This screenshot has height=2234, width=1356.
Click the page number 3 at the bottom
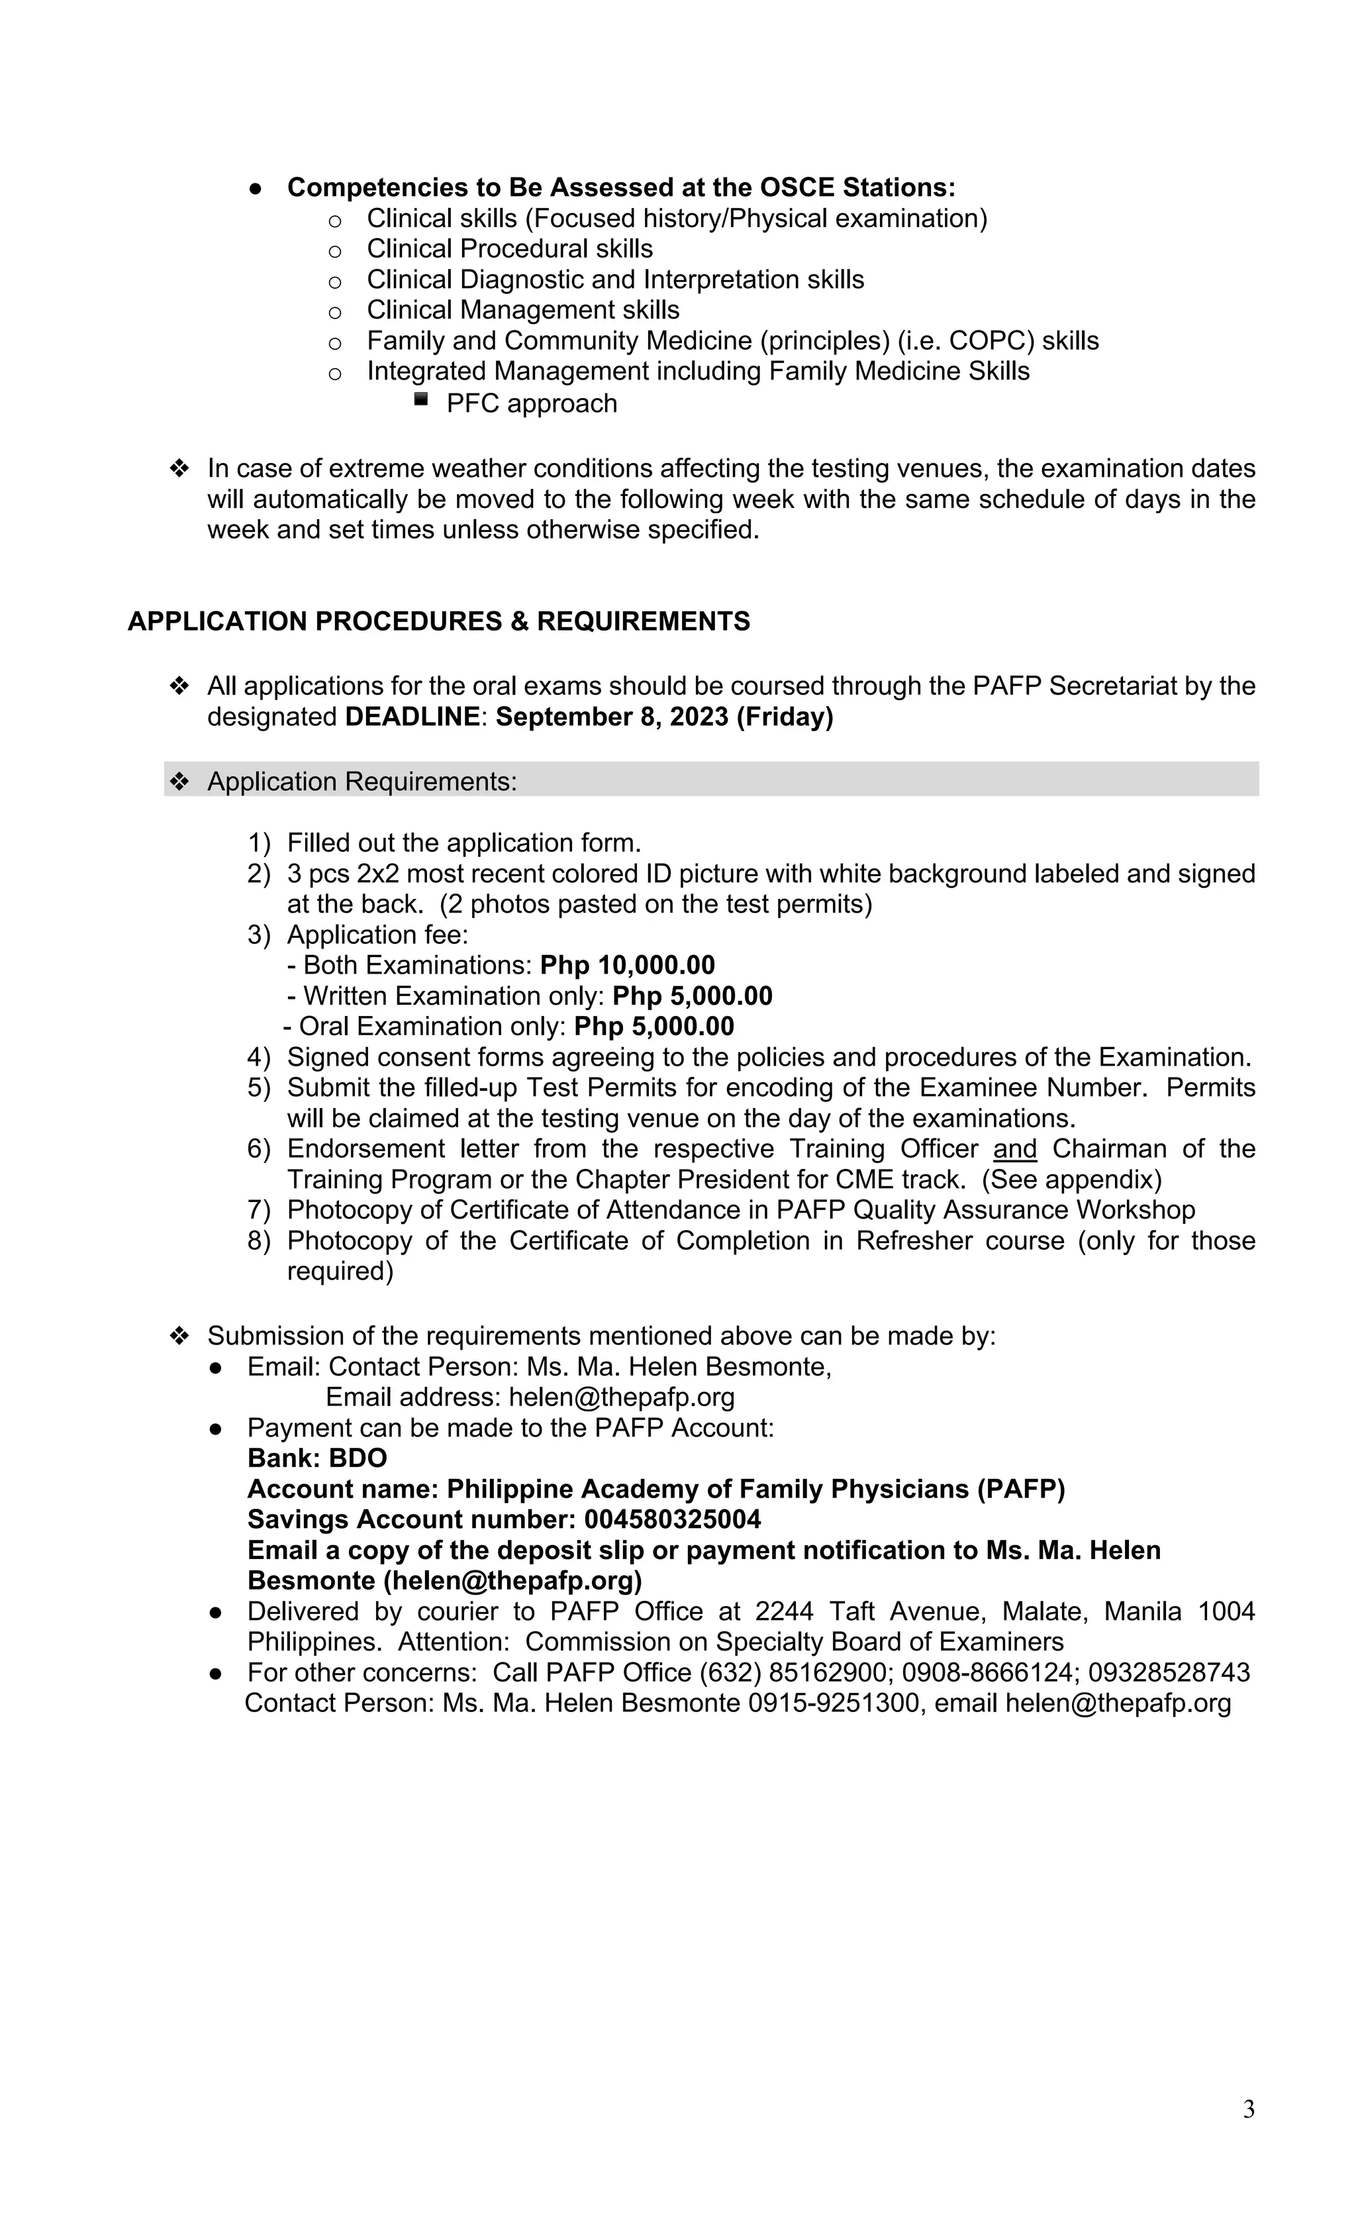1248,2109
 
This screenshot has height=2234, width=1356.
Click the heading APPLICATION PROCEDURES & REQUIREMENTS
439,622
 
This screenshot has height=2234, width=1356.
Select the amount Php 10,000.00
627,965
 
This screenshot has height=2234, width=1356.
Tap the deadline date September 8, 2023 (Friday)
664,717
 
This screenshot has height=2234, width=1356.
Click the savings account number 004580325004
673,1519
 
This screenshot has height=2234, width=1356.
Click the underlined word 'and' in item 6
1014,1148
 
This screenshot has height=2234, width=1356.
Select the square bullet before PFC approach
420,398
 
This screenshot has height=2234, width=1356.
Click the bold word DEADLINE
412,717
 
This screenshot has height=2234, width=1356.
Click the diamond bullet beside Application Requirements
179,781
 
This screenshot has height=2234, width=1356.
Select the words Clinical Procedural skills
509,248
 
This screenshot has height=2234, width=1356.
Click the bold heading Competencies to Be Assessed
621,187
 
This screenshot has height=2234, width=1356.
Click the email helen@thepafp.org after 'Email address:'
621,1397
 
